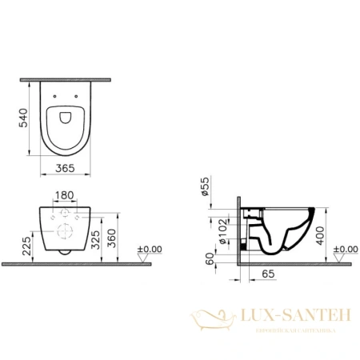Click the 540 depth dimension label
point(22,118)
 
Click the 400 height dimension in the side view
point(320,234)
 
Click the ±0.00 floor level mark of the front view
point(150,250)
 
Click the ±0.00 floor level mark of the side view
point(346,250)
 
